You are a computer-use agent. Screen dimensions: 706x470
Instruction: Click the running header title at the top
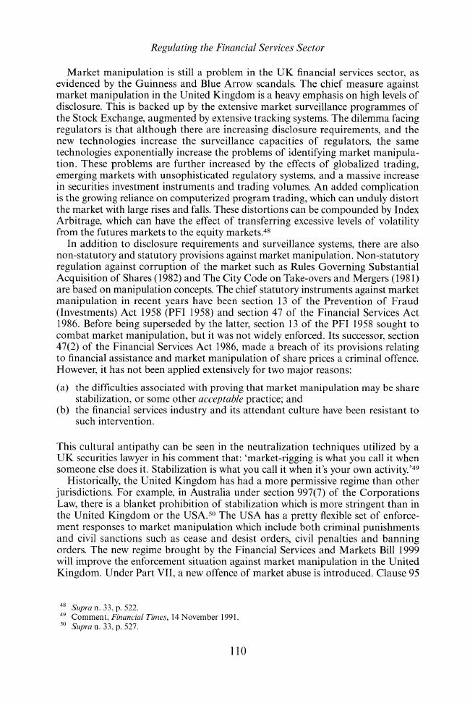234,49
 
